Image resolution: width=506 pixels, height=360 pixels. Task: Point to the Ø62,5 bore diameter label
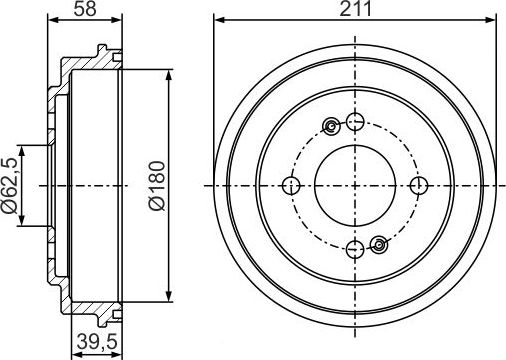click(11, 185)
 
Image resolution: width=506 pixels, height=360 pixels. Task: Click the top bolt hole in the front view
click(355, 123)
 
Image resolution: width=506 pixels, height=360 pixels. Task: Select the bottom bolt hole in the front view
click(355, 249)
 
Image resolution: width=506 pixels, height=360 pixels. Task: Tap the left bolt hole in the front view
click(292, 186)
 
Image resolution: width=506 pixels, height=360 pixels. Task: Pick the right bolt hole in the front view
click(418, 186)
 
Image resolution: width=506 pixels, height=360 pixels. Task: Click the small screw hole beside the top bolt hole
click(331, 127)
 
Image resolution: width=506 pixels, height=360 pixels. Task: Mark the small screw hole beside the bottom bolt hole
click(379, 245)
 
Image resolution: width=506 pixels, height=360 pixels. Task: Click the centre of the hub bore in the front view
click(355, 186)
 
